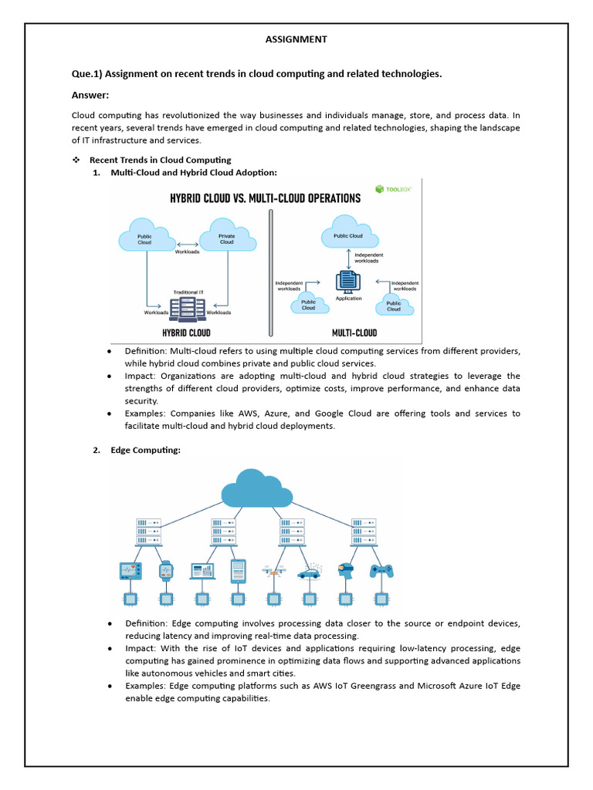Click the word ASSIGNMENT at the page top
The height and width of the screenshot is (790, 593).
pyautogui.click(x=296, y=39)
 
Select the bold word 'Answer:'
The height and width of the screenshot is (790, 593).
pyautogui.click(x=90, y=95)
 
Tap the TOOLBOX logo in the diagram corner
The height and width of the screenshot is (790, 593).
pyautogui.click(x=393, y=188)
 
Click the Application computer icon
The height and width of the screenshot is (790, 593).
pyautogui.click(x=348, y=281)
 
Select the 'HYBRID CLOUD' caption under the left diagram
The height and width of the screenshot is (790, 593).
pyautogui.click(x=185, y=333)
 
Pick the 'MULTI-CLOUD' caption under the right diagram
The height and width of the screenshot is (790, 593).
pyautogui.click(x=354, y=333)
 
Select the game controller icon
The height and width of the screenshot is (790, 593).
pyautogui.click(x=381, y=570)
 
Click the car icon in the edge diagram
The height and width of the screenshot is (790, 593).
pyautogui.click(x=310, y=573)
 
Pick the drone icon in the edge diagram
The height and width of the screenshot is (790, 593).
pyautogui.click(x=273, y=571)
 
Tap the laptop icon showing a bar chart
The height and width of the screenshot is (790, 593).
pyautogui.click(x=202, y=571)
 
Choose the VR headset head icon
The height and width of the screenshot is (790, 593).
pyautogui.click(x=346, y=571)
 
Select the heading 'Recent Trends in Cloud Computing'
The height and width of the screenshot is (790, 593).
pyautogui.click(x=160, y=160)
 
